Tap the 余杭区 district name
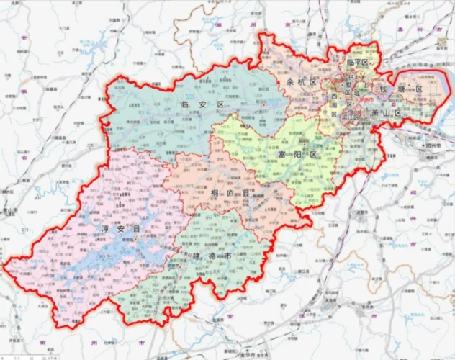[x=302, y=82]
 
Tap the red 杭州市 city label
[x=366, y=99]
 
